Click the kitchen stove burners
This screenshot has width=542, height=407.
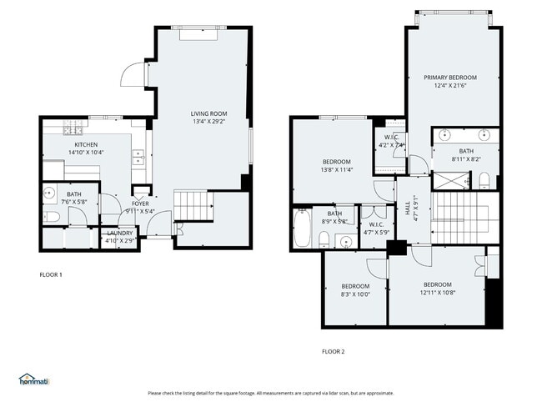(x=73, y=129)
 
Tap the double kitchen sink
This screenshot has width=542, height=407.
(x=137, y=155)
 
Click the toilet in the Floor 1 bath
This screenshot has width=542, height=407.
(x=51, y=217)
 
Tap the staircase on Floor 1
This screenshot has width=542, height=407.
(x=191, y=203)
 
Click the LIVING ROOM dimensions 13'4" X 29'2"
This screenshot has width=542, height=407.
(x=208, y=122)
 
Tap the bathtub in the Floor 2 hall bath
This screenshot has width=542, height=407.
(x=302, y=228)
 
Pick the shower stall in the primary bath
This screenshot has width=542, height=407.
(x=451, y=179)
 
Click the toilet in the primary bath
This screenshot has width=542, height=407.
(x=484, y=178)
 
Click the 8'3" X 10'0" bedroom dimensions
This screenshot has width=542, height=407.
(x=355, y=294)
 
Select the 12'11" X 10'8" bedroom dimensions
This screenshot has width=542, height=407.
(x=437, y=292)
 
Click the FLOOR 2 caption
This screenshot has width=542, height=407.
(x=333, y=351)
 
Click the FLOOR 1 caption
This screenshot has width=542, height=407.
(x=51, y=274)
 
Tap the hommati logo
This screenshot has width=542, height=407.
(x=34, y=379)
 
